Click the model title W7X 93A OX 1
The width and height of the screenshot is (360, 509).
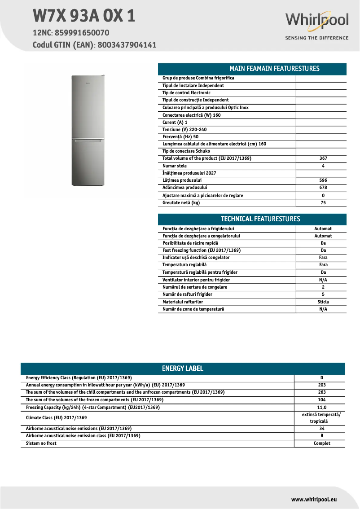coord(84,16)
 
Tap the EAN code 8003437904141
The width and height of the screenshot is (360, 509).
coord(127,45)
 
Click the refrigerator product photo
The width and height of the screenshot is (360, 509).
coord(88,131)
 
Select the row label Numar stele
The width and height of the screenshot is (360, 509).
coord(175,166)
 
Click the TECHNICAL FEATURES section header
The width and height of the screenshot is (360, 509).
coord(260,219)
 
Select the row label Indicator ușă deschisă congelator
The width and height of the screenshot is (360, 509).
coord(196,258)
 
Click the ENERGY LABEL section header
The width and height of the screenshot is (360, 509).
coord(182,369)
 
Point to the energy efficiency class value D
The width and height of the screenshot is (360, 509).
coord(322,378)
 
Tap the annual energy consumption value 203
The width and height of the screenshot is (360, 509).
coord(322,385)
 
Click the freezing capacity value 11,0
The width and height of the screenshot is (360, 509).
coord(322,408)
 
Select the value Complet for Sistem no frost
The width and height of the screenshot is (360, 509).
coord(322,443)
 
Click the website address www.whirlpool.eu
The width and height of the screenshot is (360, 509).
coord(314,499)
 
